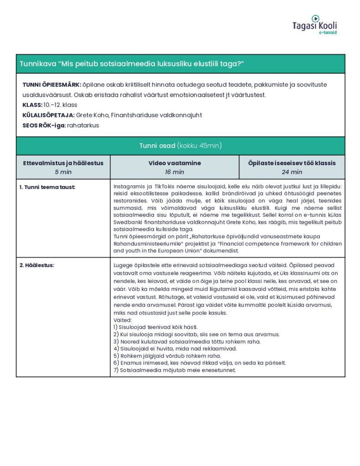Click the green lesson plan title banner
point(180,64)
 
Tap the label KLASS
point(32,105)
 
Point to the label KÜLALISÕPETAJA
point(48,115)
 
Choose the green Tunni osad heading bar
point(180,146)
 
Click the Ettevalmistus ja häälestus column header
point(63,163)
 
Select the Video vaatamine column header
point(174,163)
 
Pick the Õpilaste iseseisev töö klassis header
point(292,163)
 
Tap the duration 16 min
point(174,172)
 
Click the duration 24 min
point(292,172)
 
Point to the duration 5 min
point(63,172)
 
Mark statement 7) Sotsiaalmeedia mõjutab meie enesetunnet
point(174,370)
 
